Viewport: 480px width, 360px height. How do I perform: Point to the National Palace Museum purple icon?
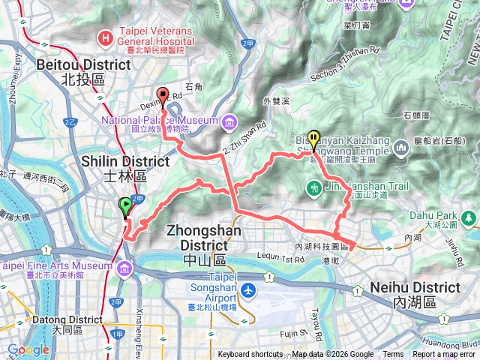pos(227,120)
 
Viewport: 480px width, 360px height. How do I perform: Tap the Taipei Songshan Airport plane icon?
pos(248,289)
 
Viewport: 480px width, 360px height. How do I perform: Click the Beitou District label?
pos(70,64)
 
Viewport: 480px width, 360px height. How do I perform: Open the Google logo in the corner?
pos(28,349)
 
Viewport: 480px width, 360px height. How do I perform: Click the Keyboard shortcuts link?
pos(250,355)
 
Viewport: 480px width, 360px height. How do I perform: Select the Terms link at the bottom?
pos(393,355)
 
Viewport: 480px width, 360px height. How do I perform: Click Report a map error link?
pos(445,355)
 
